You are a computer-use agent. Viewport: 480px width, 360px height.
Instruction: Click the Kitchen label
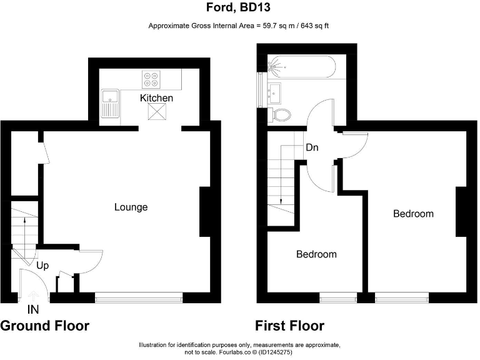[156, 98]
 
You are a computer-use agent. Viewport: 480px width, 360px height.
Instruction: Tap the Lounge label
[131, 207]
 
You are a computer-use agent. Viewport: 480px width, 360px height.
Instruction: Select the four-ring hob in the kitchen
[151, 79]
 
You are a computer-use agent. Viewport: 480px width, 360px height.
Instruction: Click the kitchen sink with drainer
[111, 103]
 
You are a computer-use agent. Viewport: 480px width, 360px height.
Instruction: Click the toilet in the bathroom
[282, 114]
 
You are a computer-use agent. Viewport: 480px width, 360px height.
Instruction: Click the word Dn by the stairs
[312, 148]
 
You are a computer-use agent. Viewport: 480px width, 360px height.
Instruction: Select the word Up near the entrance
[43, 266]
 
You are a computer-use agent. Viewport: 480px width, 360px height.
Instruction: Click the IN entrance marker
[33, 309]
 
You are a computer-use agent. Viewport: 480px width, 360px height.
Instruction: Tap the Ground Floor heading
[44, 326]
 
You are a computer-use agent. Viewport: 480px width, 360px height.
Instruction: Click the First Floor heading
[289, 326]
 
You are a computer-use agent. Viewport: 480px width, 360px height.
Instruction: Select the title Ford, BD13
[240, 8]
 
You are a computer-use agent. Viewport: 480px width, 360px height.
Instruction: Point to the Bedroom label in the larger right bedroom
[413, 214]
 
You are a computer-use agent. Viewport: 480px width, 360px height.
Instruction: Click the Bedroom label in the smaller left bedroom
[316, 254]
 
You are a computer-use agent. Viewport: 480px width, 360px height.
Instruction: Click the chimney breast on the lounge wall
[204, 212]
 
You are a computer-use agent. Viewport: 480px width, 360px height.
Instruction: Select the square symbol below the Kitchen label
[156, 112]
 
